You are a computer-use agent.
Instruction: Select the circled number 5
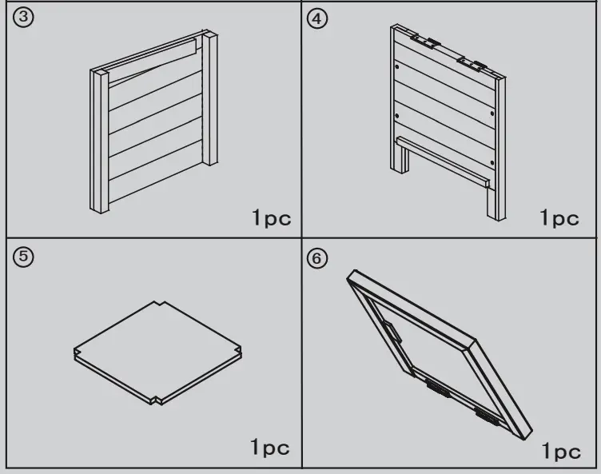tap(23, 258)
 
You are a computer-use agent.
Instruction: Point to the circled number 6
tap(318, 259)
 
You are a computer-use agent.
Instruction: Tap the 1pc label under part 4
tap(559, 217)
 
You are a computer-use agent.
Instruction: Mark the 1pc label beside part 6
tap(562, 452)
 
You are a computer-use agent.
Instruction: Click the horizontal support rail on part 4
tap(444, 159)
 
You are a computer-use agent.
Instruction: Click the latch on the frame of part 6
tap(392, 330)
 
